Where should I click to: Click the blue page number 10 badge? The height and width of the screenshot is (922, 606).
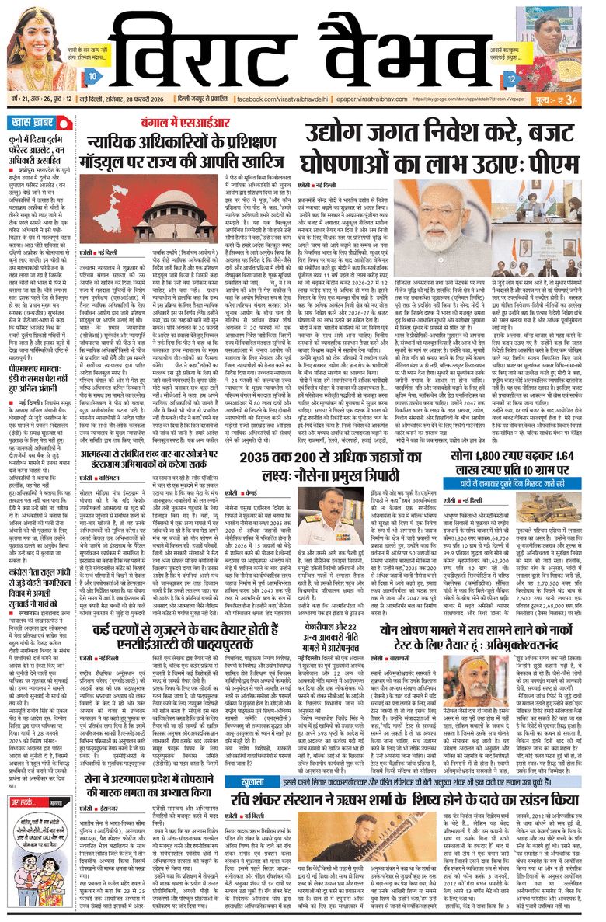click(x=92, y=76)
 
